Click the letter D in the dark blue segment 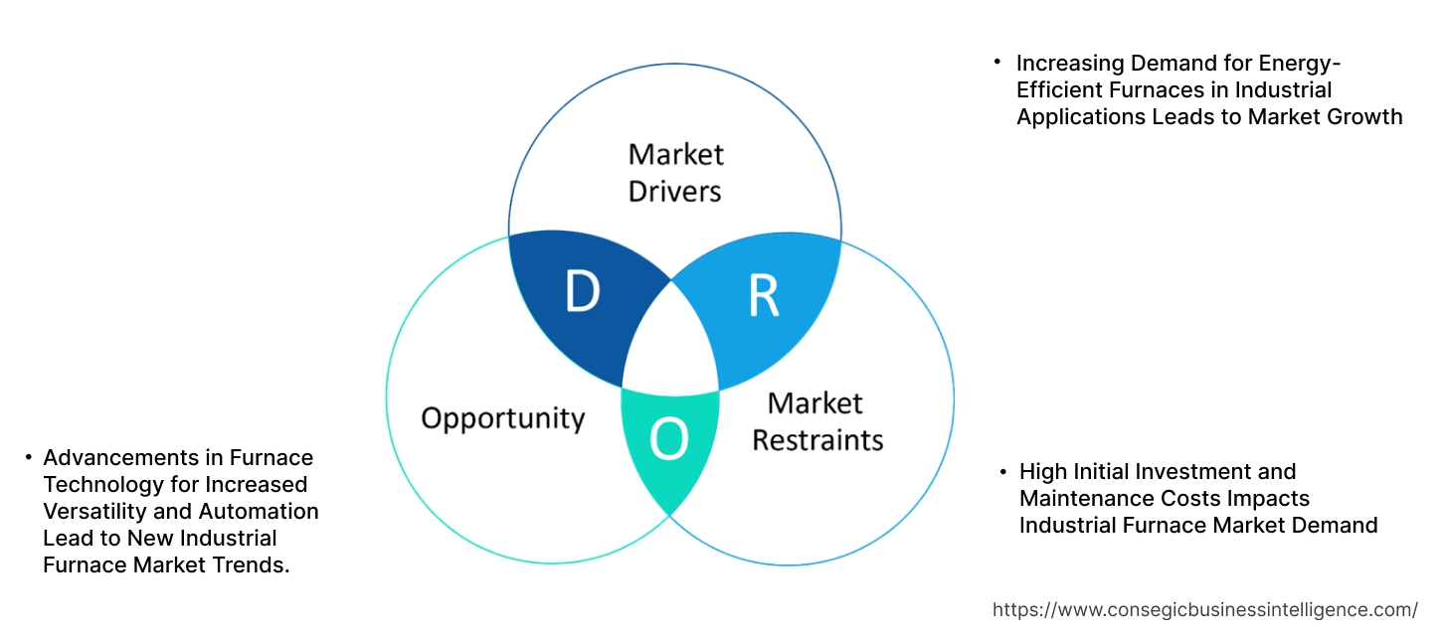(x=582, y=291)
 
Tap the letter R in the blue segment (x=763, y=295)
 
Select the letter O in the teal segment (x=668, y=440)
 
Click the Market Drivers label (x=675, y=172)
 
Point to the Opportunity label (x=502, y=417)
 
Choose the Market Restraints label (x=816, y=421)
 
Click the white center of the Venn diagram (x=671, y=343)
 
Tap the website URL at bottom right (x=1205, y=609)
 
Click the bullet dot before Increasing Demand (x=997, y=63)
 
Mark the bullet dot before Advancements (x=28, y=458)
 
